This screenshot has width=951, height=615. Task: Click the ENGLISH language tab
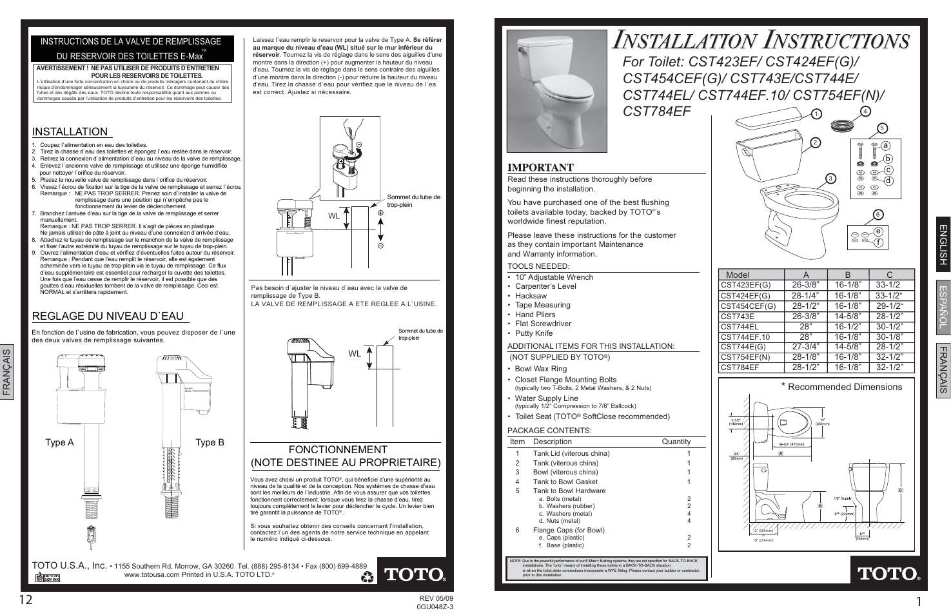pos(943,244)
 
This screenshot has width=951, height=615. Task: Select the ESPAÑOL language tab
pos(943,307)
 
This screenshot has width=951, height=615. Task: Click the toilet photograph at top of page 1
pos(557,90)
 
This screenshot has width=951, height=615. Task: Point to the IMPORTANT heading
pos(540,168)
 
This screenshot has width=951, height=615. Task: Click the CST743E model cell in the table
pos(737,317)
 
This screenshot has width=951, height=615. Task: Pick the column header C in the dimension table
pos(890,275)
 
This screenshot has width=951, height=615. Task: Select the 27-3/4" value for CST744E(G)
pos(805,347)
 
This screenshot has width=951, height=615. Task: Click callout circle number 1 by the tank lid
pos(816,114)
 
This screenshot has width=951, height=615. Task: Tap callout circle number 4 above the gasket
pos(865,111)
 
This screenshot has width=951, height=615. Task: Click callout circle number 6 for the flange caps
pos(877,215)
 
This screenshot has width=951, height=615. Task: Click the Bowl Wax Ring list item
pos(540,369)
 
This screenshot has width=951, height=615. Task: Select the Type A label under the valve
pos(59,442)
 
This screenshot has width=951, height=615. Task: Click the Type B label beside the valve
pos(210,442)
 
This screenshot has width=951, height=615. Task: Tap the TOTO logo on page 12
pos(415,574)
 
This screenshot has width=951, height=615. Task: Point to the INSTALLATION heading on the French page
pos(70,132)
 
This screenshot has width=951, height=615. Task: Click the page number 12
pos(26,600)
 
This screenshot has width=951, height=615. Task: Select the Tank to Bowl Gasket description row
pos(565,482)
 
